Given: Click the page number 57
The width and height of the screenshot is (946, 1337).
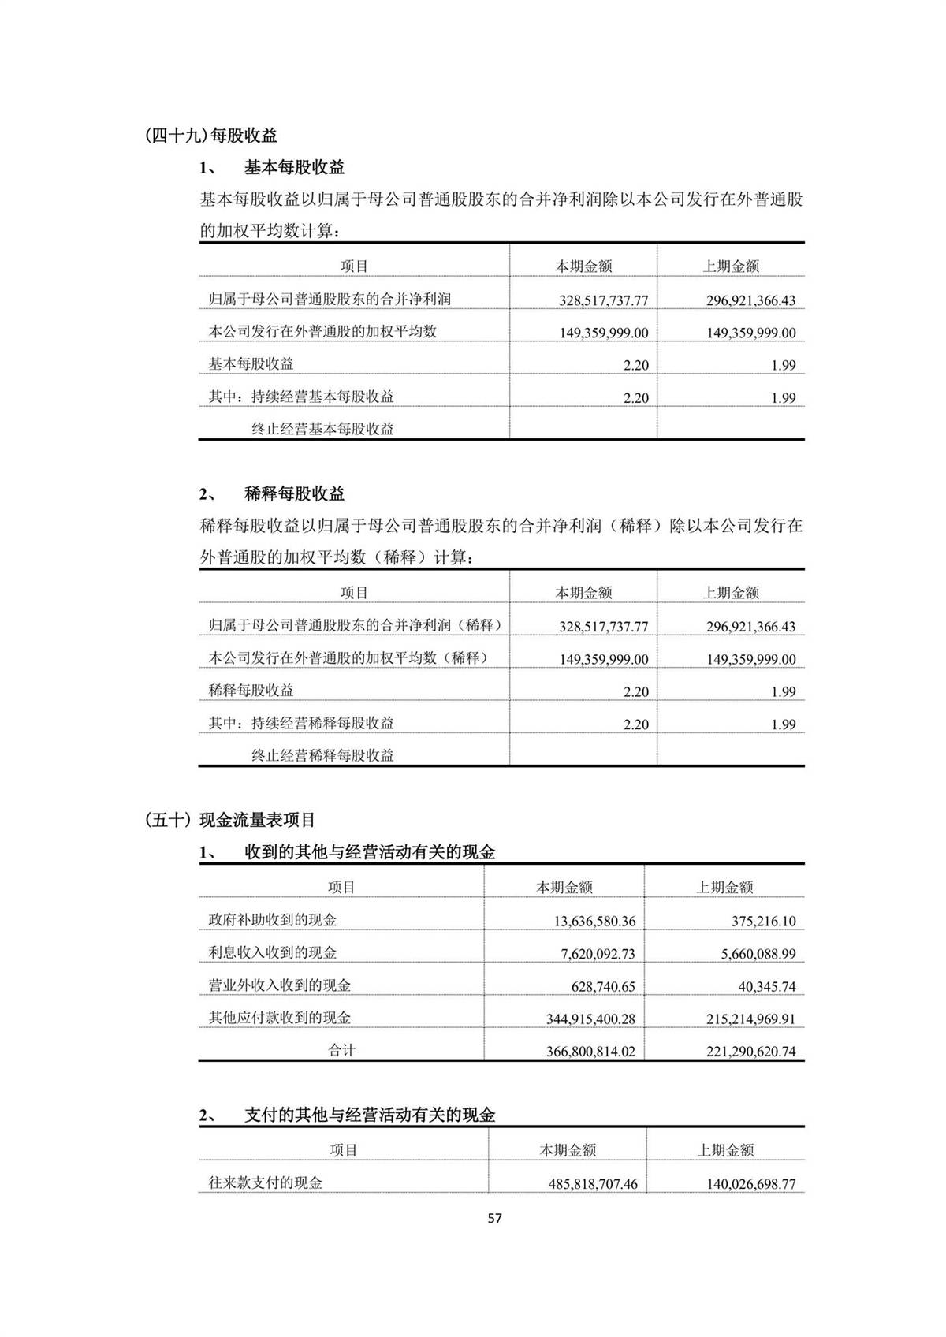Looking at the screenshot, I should click(494, 1218).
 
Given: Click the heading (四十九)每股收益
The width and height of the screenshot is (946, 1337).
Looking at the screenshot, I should click(211, 136).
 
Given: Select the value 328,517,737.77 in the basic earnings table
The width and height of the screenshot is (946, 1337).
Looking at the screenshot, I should click(604, 300).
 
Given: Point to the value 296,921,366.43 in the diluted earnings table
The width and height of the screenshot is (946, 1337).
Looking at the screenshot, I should click(750, 627).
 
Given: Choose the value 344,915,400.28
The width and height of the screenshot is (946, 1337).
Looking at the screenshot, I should click(590, 1019).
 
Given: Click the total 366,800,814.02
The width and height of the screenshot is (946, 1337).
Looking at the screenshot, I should click(590, 1052).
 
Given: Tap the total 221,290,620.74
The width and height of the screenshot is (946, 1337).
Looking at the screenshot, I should click(751, 1052).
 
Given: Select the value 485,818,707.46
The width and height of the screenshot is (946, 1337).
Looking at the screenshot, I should click(593, 1183).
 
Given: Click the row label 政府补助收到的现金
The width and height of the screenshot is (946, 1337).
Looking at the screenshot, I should click(272, 920).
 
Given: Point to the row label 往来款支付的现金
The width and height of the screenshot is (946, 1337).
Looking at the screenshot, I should click(265, 1182).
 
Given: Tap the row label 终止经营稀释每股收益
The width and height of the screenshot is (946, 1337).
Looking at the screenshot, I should click(322, 755).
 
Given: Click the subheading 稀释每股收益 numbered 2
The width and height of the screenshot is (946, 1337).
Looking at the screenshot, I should click(294, 494).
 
